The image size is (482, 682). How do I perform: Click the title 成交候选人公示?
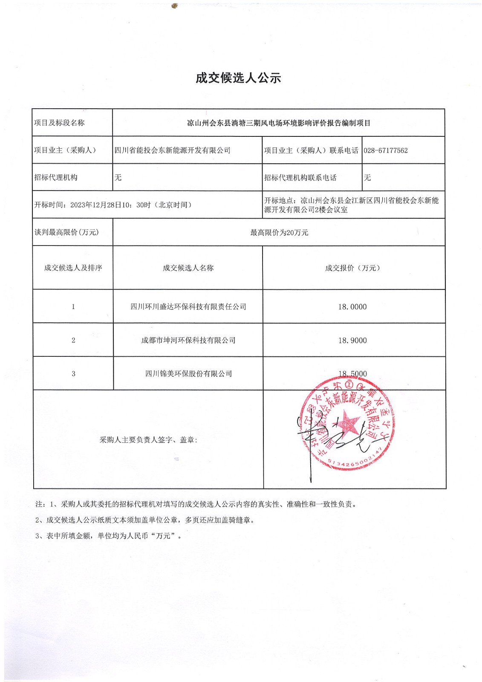238,78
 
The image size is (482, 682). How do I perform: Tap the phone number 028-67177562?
386,150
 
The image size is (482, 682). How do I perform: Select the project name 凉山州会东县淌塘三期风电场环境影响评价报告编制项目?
279,123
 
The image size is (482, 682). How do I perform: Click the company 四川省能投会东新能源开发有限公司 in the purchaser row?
173,150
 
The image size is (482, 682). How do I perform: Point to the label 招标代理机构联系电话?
300,178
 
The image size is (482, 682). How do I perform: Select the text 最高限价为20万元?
279,233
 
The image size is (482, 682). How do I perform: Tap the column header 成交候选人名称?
188,268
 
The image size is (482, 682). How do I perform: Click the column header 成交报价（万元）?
352,268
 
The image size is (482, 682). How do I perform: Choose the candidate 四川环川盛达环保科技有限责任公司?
188,307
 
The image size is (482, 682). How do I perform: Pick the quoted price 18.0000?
352,307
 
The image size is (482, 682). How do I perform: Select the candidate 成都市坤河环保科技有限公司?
188,341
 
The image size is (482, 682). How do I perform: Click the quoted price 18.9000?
352,341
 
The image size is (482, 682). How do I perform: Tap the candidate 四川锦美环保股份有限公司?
188,374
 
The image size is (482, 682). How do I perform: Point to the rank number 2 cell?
73,340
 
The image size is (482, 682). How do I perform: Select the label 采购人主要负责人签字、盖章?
148,440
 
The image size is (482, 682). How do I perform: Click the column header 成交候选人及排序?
73,268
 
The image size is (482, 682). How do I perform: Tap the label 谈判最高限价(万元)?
66,232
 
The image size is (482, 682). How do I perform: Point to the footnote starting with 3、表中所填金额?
109,536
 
